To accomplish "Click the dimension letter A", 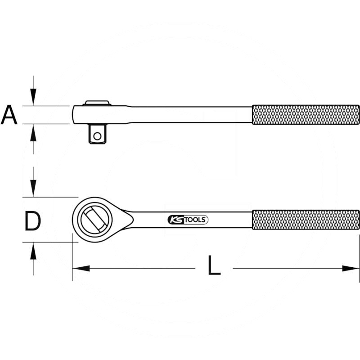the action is [x=9, y=115].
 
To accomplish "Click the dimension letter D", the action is [x=32, y=221].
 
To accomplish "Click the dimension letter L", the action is [x=214, y=265].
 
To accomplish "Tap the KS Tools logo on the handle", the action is [x=188, y=220].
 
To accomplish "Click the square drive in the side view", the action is [x=98, y=134].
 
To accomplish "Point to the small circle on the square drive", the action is [x=97, y=136].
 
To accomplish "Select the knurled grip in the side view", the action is [x=306, y=115].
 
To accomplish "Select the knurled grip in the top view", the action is [x=306, y=220].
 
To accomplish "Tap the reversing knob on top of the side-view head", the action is [x=97, y=103].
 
